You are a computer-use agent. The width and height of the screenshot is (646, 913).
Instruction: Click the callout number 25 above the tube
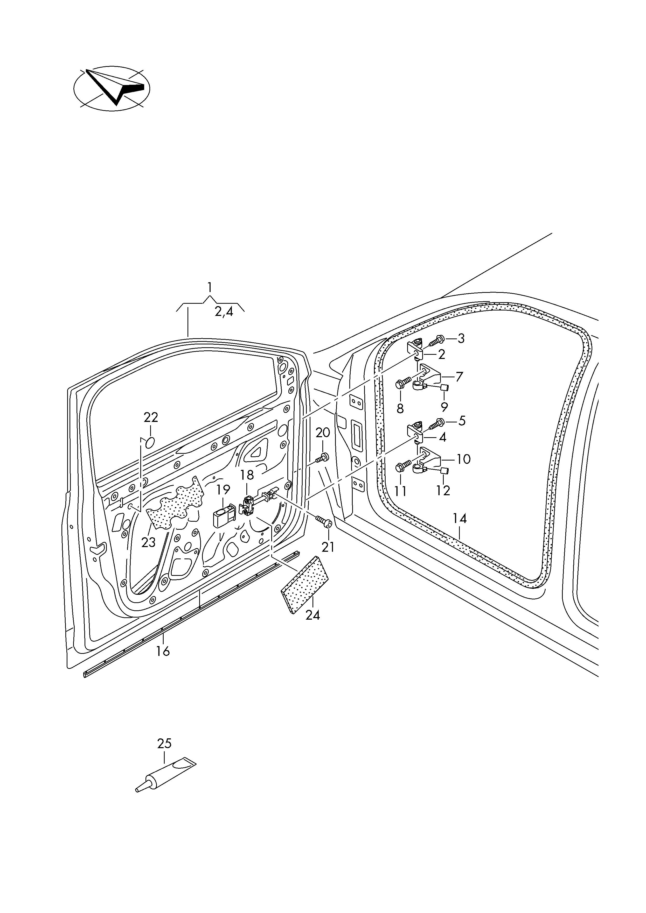[x=164, y=743]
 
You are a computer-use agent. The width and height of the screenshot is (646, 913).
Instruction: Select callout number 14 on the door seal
[x=460, y=519]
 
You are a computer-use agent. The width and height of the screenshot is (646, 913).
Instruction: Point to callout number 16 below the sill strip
[x=163, y=651]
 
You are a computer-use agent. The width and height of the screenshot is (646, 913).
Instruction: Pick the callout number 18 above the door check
[x=247, y=475]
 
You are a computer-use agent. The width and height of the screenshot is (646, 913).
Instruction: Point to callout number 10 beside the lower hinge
[x=464, y=459]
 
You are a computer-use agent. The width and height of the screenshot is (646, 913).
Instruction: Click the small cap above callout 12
[x=444, y=471]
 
